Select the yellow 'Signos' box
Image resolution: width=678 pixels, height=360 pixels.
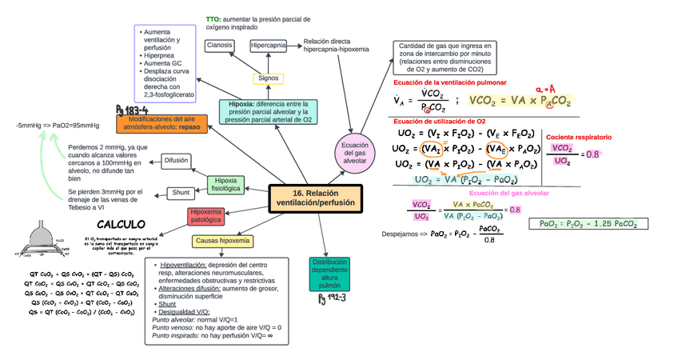pos(269,78)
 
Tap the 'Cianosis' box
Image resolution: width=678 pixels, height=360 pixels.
pos(220,46)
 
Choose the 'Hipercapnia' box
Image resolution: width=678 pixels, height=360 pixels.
pos(269,46)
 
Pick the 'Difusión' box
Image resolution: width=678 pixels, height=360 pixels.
pos(176,161)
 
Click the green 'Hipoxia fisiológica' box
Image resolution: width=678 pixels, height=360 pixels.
pos(225,185)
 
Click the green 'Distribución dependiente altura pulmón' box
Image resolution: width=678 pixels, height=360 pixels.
pos(329,274)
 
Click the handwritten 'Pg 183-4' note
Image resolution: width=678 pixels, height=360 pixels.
pos(132,109)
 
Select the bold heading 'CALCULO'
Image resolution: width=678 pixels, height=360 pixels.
pos(121,224)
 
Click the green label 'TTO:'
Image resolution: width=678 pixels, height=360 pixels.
pos(213,18)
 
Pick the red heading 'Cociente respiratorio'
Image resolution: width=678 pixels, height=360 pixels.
pos(579,137)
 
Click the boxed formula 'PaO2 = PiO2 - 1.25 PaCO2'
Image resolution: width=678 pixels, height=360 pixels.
pos(588,224)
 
